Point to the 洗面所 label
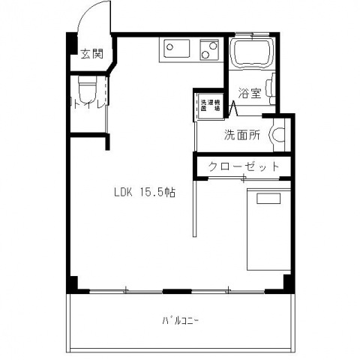tap(241, 136)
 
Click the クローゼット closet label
tap(243, 166)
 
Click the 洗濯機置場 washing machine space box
tap(210, 105)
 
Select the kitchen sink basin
tap(175, 50)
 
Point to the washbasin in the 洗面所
tap(280, 136)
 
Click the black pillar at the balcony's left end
tap(72, 284)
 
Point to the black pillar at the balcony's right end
tap(287, 283)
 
